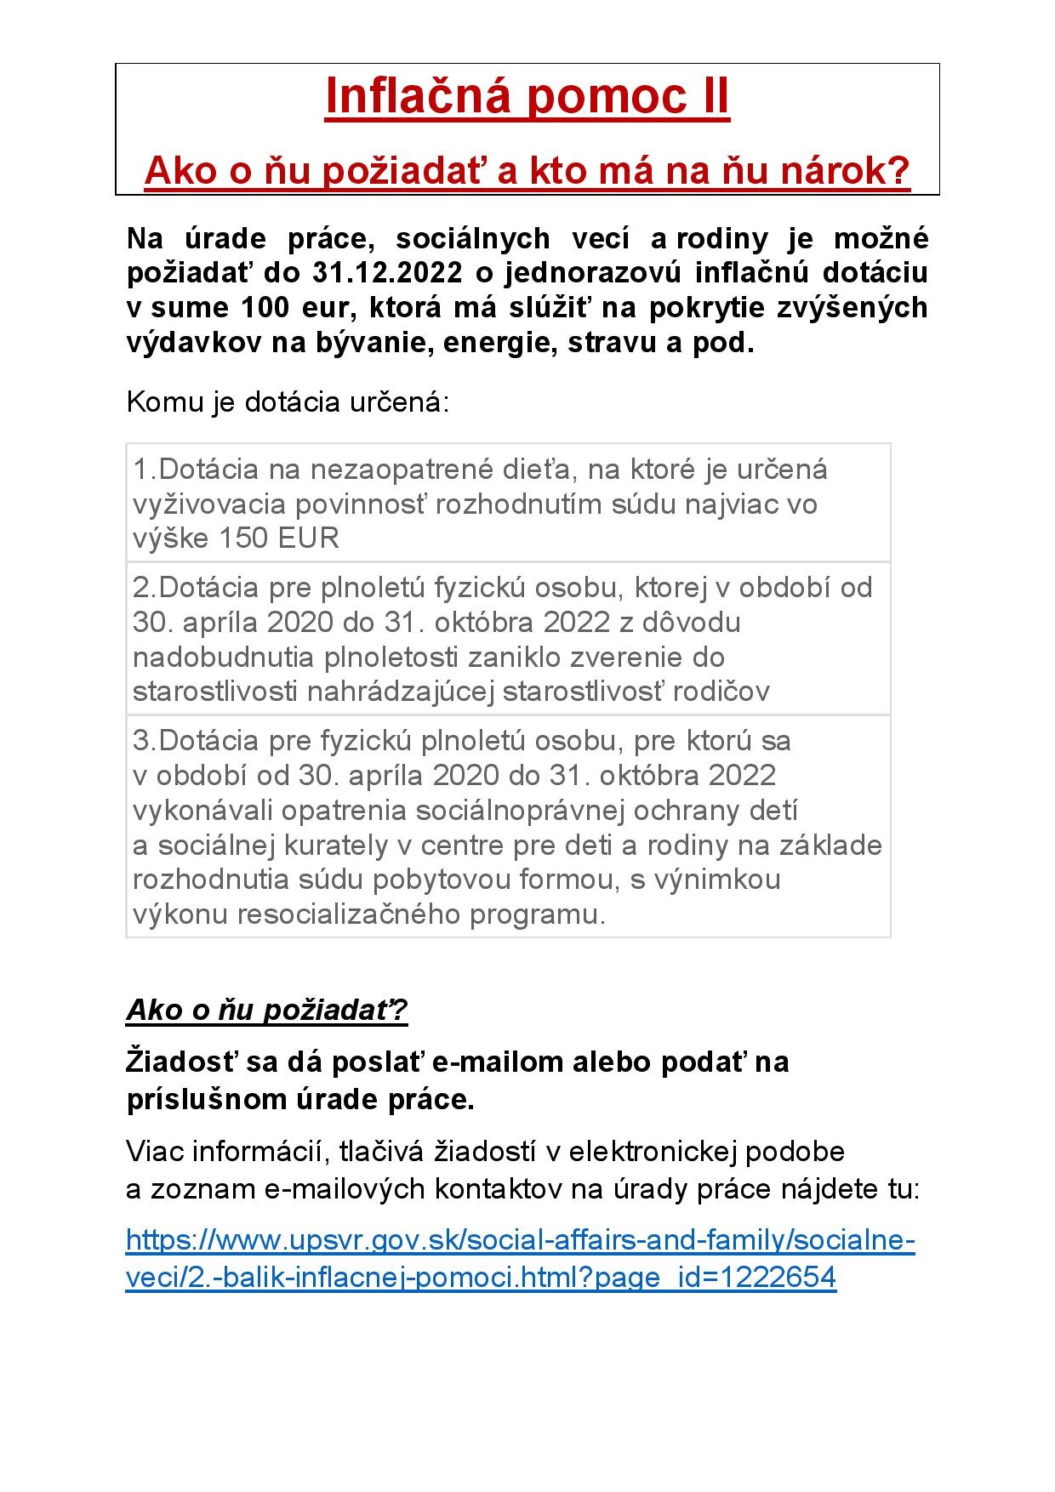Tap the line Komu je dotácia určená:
(x=287, y=401)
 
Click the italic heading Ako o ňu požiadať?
(x=267, y=1010)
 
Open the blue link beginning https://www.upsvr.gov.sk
(x=520, y=1241)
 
